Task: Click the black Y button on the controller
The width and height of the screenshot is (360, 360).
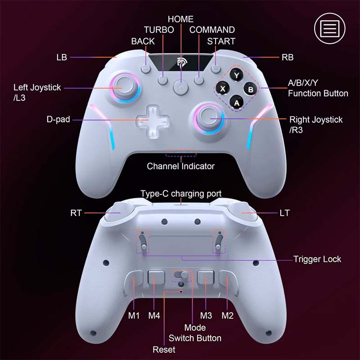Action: pos(236,74)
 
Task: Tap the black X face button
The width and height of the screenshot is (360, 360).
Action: pos(222,88)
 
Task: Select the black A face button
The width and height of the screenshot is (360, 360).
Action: pos(237,103)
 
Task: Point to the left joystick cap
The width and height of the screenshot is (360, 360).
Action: pos(125,87)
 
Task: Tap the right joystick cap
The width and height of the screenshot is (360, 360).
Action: pos(209,118)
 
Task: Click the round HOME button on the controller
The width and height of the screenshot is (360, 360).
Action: pos(181,87)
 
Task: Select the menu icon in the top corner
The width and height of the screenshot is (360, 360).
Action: pos(330,28)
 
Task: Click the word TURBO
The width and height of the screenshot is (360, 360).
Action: pos(159,30)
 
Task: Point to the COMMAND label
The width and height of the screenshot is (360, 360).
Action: pos(212,30)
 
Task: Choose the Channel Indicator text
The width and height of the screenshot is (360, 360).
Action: pos(181,166)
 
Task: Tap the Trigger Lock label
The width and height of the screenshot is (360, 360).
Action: pos(317,259)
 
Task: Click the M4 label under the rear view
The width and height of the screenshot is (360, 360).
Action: pos(154,315)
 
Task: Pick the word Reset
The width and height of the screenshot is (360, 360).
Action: pos(164,350)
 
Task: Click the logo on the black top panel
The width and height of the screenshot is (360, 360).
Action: pos(182,63)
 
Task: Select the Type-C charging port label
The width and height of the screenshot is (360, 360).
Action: pos(181,193)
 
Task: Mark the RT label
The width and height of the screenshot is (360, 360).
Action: pos(76,213)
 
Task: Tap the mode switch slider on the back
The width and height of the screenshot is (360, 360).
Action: pos(181,275)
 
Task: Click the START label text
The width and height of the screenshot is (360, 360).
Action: pos(221,41)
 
